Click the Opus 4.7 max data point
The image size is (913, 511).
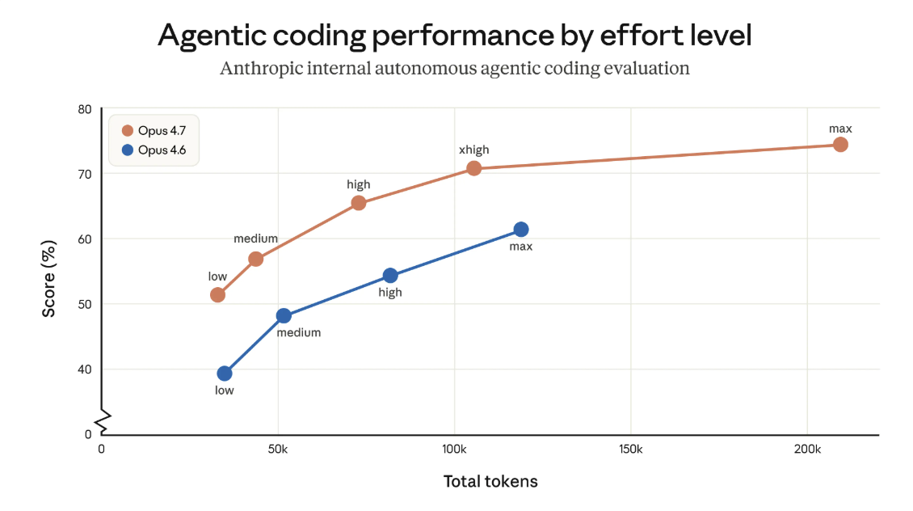[840, 145]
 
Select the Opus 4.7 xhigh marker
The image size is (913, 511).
[474, 168]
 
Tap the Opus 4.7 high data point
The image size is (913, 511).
[359, 203]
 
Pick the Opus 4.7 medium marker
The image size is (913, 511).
[256, 259]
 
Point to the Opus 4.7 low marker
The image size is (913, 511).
[217, 294]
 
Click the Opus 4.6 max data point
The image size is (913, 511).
[521, 230]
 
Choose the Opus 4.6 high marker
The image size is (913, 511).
[390, 276]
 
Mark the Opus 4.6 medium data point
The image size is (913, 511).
[284, 315]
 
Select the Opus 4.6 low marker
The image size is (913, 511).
[225, 374]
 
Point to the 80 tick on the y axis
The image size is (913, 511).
[85, 108]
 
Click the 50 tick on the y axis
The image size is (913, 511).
[85, 304]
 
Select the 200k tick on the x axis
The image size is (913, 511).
[806, 449]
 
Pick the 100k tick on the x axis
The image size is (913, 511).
[454, 449]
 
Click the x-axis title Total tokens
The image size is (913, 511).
[490, 482]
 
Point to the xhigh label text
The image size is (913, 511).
[474, 150]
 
